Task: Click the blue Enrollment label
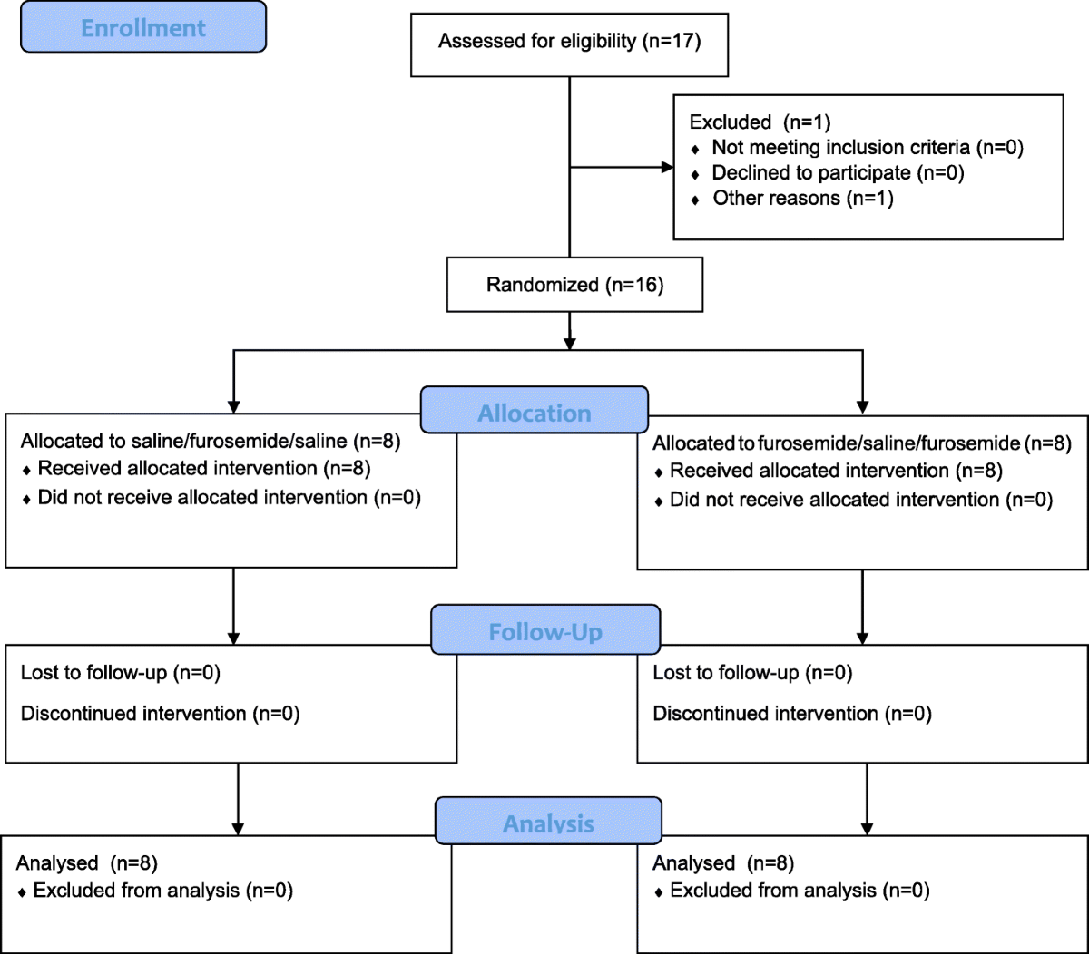[x=143, y=27]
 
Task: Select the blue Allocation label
[x=535, y=410]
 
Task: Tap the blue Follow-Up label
[x=545, y=629]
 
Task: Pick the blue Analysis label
[x=548, y=821]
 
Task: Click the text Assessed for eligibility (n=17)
[x=569, y=41]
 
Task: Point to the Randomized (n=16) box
[x=574, y=284]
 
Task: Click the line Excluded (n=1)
[x=760, y=122]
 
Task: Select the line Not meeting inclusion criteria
[x=857, y=147]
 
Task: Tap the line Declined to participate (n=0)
[x=828, y=172]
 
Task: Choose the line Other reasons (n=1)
[x=791, y=198]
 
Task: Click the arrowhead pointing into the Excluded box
[x=667, y=167]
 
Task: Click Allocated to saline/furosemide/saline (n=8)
[x=211, y=441]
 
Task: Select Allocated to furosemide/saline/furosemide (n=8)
[x=862, y=443]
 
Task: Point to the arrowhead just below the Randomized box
[x=570, y=344]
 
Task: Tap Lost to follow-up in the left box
[x=121, y=672]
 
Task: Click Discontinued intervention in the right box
[x=792, y=714]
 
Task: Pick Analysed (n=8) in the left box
[x=86, y=862]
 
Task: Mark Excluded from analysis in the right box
[x=791, y=891]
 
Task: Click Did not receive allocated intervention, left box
[x=221, y=498]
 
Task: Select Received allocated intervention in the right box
[x=829, y=471]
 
